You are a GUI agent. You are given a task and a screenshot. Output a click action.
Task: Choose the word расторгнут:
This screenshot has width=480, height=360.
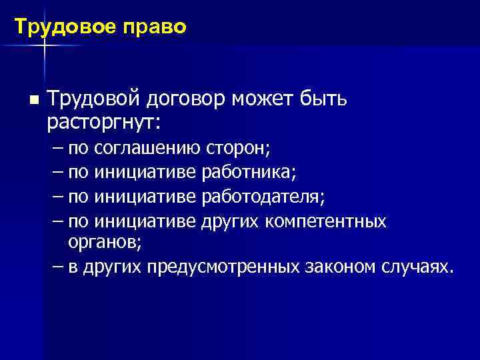(106, 123)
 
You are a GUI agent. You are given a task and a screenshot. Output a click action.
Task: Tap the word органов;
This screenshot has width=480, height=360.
(104, 243)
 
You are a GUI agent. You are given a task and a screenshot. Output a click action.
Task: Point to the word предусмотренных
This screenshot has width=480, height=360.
(220, 267)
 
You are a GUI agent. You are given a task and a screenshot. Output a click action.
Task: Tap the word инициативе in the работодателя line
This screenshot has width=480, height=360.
(145, 197)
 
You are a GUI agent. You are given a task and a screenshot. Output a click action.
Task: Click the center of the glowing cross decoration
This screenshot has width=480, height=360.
(44, 45)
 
